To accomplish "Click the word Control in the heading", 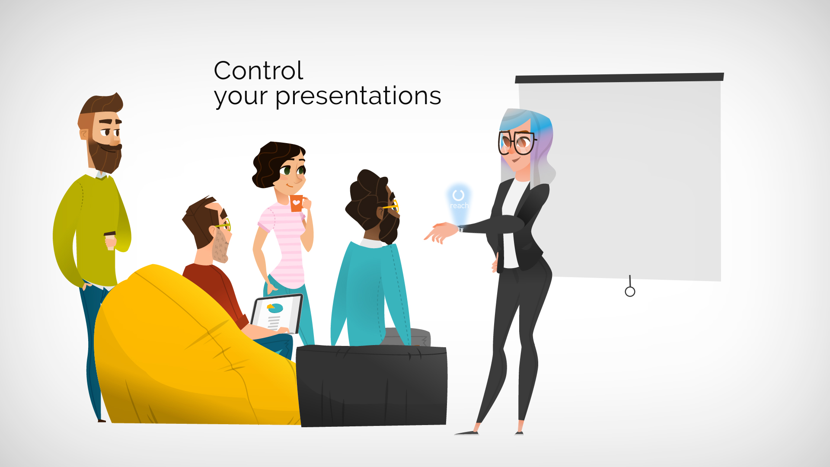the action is [x=259, y=70].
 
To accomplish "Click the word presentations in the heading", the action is [x=358, y=96].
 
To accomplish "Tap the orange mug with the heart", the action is [x=297, y=203].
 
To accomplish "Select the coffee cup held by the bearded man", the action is [x=110, y=241].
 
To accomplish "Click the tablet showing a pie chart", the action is [x=277, y=314].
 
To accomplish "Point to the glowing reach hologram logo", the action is [x=458, y=200].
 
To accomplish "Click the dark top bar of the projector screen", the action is [x=619, y=78].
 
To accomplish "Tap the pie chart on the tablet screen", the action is [x=275, y=308].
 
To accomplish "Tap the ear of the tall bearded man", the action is [x=84, y=134].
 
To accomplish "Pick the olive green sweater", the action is [x=91, y=229].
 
